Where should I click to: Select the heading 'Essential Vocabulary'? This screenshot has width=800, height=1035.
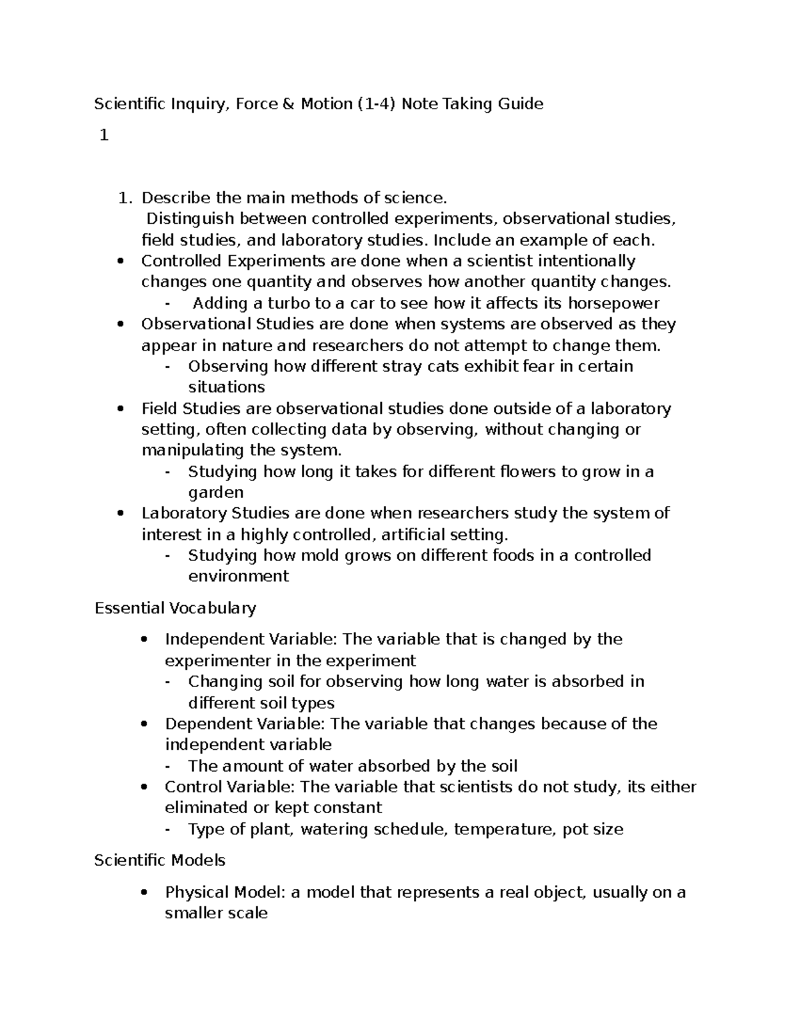click(x=175, y=608)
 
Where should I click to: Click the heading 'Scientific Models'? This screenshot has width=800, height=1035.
click(x=160, y=860)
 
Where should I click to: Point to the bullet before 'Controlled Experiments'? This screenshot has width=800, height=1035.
click(x=120, y=261)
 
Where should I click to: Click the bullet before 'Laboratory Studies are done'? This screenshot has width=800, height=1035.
click(x=120, y=514)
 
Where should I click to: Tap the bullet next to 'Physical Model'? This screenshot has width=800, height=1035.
click(x=144, y=893)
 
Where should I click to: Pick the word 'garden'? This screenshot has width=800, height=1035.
click(x=216, y=493)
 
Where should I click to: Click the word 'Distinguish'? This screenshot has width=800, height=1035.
click(x=191, y=219)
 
